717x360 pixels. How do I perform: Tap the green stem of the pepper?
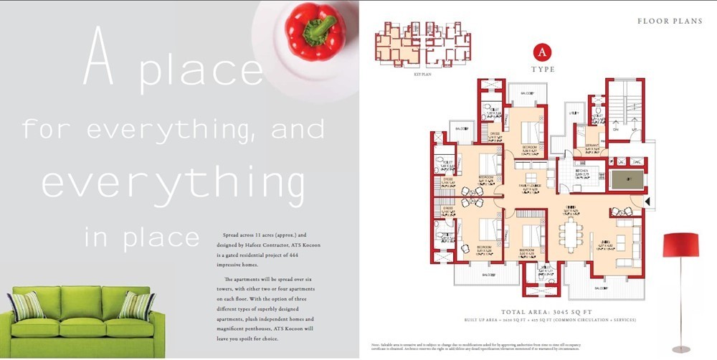320,28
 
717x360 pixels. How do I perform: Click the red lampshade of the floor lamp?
680,244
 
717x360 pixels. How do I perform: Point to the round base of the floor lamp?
680,349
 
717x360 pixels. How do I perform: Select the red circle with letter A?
543,53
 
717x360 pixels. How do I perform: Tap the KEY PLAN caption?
402,74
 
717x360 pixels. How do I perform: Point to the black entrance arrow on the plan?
649,203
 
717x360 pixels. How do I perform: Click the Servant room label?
592,146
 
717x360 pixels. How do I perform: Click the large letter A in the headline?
100,57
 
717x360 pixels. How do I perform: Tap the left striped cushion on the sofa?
27,305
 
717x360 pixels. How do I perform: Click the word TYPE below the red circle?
543,70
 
